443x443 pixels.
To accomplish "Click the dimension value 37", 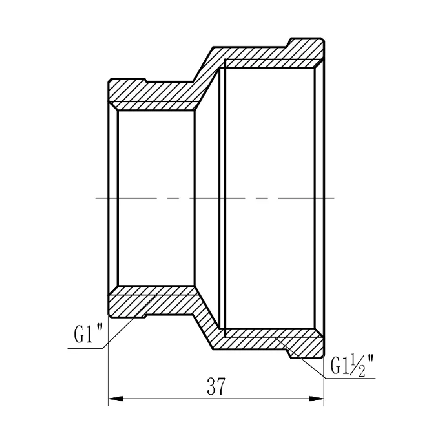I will click(x=216, y=387).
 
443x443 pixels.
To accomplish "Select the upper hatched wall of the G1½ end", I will click(x=266, y=53).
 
